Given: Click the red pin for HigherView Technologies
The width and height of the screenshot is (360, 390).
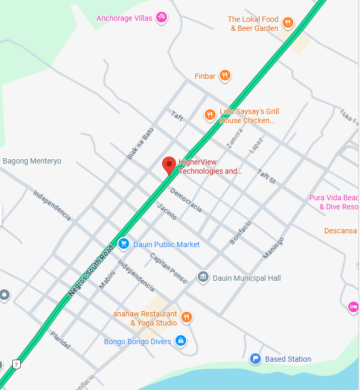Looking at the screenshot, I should tap(169, 165).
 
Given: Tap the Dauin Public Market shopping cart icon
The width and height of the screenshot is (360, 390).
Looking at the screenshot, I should tap(124, 244).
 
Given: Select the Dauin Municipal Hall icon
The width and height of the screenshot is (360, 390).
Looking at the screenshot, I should tap(203, 278).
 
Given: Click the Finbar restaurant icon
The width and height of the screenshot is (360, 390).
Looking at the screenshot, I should tap(225, 76).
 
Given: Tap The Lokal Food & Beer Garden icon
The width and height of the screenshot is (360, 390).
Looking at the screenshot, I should tap(288, 22).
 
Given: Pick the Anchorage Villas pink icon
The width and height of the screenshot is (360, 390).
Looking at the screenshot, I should tap(162, 18).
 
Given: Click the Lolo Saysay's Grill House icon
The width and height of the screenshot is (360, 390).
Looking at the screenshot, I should tap(210, 115).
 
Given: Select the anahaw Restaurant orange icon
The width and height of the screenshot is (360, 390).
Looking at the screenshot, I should tap(186, 318).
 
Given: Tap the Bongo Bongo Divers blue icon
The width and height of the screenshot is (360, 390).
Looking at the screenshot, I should tap(181, 341).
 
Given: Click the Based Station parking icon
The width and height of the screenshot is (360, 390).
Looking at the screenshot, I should tap(255, 359).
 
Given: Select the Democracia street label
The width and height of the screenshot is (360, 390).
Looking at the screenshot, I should tap(186, 200).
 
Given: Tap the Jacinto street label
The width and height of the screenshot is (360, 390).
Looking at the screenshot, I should tap(167, 212).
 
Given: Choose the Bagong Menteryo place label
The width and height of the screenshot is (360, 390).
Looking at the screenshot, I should tap(32, 161).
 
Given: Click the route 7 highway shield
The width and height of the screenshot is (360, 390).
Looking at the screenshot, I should tap(17, 364).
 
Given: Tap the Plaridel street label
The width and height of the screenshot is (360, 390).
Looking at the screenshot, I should tap(60, 339).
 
